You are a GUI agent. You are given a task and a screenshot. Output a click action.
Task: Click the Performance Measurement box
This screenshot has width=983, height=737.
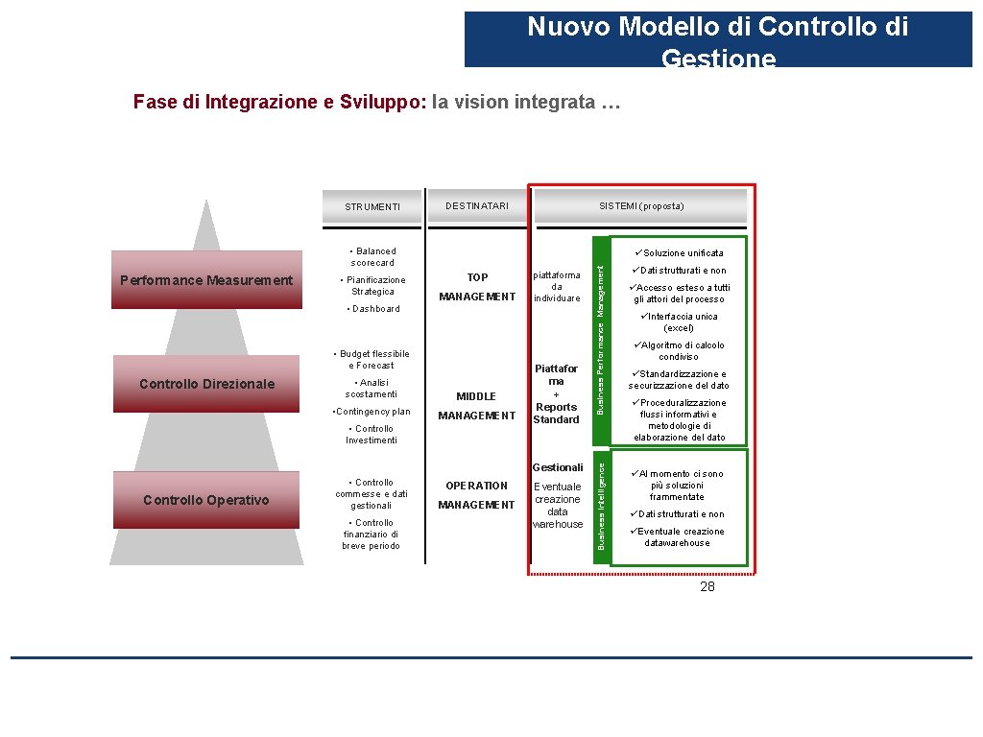[206, 280]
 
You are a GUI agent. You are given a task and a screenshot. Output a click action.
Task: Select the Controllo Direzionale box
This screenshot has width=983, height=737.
[206, 384]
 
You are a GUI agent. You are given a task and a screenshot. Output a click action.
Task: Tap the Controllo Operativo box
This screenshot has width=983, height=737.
[206, 500]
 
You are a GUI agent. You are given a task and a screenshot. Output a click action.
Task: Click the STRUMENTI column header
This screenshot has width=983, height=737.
[372, 207]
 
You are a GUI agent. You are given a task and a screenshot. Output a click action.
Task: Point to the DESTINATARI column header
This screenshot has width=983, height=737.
[477, 206]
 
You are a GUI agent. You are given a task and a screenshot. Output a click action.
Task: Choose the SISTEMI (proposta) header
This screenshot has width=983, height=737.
[641, 206]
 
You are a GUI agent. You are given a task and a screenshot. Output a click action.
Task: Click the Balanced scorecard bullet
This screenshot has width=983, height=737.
[372, 257]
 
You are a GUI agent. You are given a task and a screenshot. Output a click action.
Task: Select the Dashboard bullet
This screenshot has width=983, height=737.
[375, 309]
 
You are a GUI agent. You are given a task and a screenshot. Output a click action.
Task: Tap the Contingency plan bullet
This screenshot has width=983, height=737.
[371, 412]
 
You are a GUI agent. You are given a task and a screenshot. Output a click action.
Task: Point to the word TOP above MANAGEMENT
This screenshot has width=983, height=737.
[477, 277]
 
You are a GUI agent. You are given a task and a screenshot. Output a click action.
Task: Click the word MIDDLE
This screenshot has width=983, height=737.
[476, 396]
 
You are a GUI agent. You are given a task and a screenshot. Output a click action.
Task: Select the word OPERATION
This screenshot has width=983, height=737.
[476, 486]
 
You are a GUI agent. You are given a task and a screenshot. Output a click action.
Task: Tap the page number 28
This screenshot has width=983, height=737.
[707, 586]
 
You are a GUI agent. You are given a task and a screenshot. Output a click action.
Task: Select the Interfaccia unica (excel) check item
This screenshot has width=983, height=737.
[679, 322]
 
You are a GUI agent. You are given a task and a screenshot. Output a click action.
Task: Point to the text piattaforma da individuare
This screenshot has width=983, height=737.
[557, 286]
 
